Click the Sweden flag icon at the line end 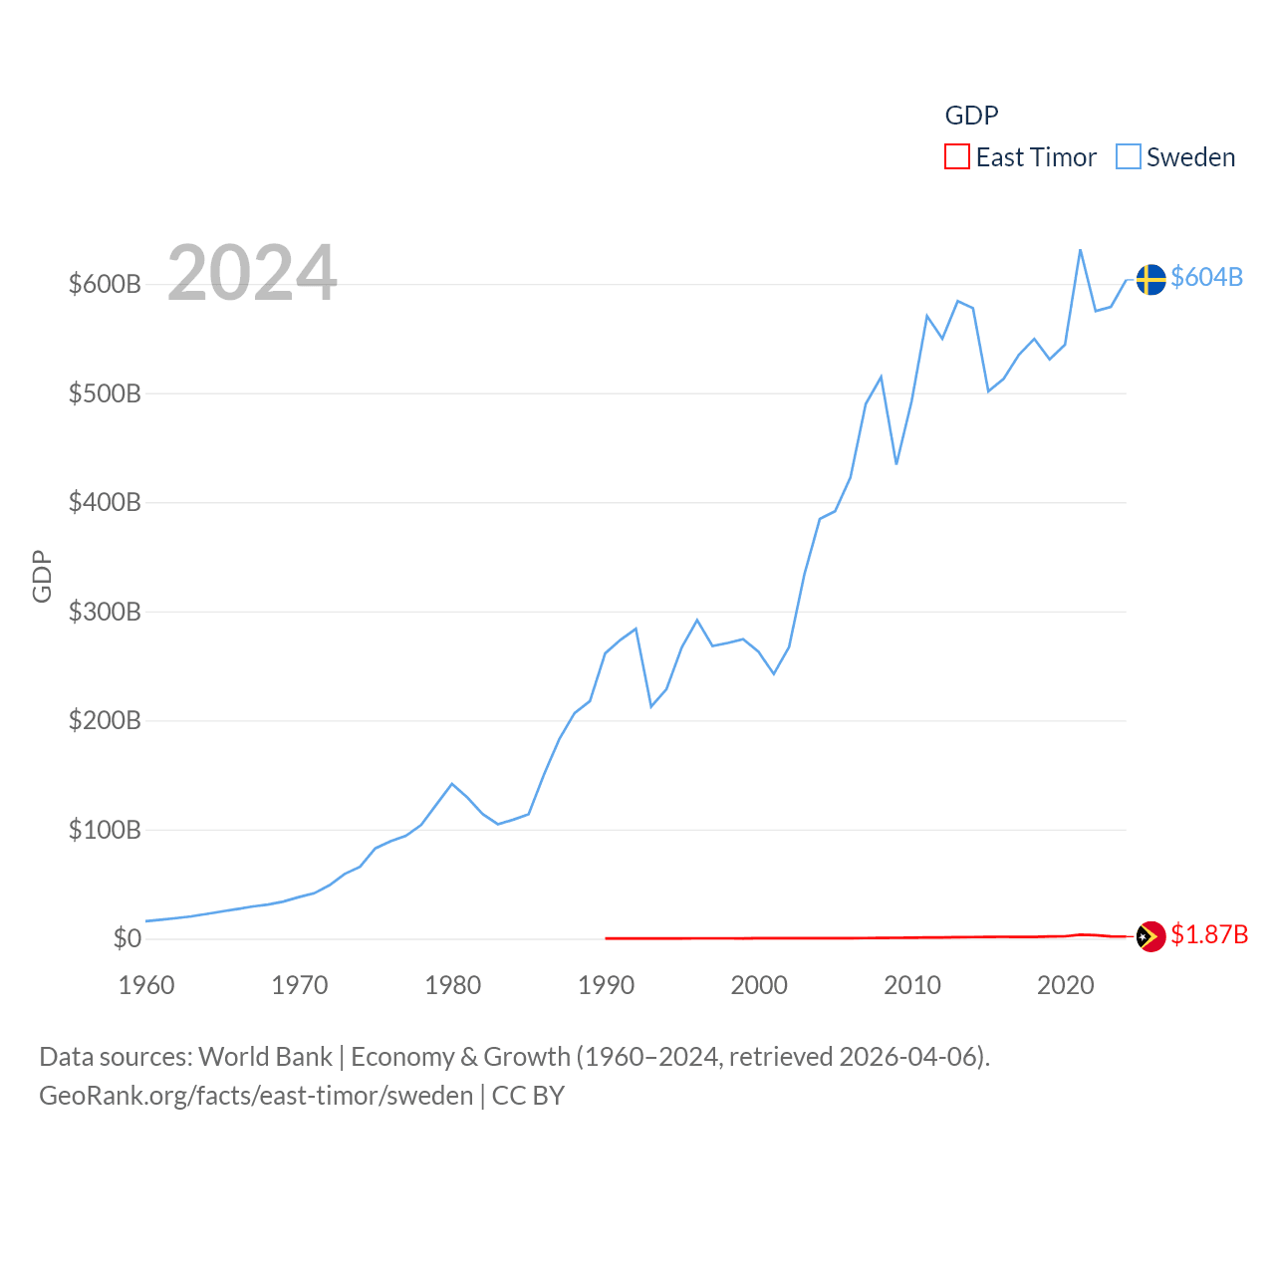click(x=1150, y=280)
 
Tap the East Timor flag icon click(x=1150, y=936)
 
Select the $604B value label click(x=1206, y=277)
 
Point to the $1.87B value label click(x=1209, y=934)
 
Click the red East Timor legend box click(x=956, y=157)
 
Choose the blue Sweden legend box click(x=1128, y=157)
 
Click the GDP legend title click(x=971, y=116)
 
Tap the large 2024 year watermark click(x=252, y=273)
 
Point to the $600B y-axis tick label click(x=105, y=284)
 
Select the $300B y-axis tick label click(x=105, y=612)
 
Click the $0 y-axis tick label click(x=127, y=938)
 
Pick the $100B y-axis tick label click(x=105, y=830)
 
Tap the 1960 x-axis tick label click(x=146, y=985)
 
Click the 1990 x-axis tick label click(x=606, y=985)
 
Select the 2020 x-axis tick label click(x=1065, y=985)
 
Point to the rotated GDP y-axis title click(x=42, y=576)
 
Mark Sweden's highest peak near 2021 click(x=1081, y=250)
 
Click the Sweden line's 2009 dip click(x=896, y=463)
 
